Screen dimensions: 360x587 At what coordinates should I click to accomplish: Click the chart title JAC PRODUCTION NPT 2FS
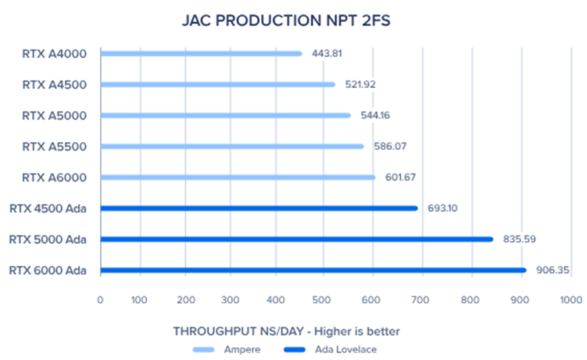pos(286,21)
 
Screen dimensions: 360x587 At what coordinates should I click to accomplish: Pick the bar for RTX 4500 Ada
pos(258,208)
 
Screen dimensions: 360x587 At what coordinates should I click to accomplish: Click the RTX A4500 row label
pos(54,85)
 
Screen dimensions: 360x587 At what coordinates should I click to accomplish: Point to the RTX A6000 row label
pos(54,177)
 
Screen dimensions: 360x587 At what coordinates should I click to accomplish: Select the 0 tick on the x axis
pos(100,299)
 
